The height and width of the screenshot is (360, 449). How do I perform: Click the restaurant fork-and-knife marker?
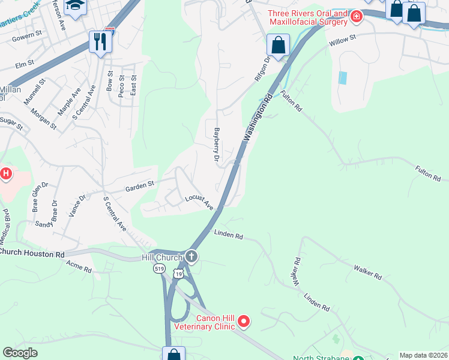(x=100, y=41)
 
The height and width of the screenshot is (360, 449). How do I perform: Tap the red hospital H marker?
(x=5, y=175)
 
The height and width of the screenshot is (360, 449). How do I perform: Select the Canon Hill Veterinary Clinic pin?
(x=244, y=322)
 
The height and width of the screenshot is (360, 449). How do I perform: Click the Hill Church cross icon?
(x=191, y=257)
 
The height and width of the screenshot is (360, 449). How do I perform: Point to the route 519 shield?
(x=159, y=269)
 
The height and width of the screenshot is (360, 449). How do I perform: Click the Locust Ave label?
(x=199, y=202)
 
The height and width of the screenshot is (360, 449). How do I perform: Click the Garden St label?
(x=139, y=187)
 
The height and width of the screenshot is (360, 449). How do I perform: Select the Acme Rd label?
(x=79, y=266)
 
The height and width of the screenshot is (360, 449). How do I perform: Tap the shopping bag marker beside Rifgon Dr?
(x=278, y=45)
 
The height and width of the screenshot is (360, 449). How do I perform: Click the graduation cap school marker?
(x=75, y=6)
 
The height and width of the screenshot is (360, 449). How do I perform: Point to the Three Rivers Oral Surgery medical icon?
(x=357, y=16)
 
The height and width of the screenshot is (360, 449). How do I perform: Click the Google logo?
(x=20, y=352)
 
